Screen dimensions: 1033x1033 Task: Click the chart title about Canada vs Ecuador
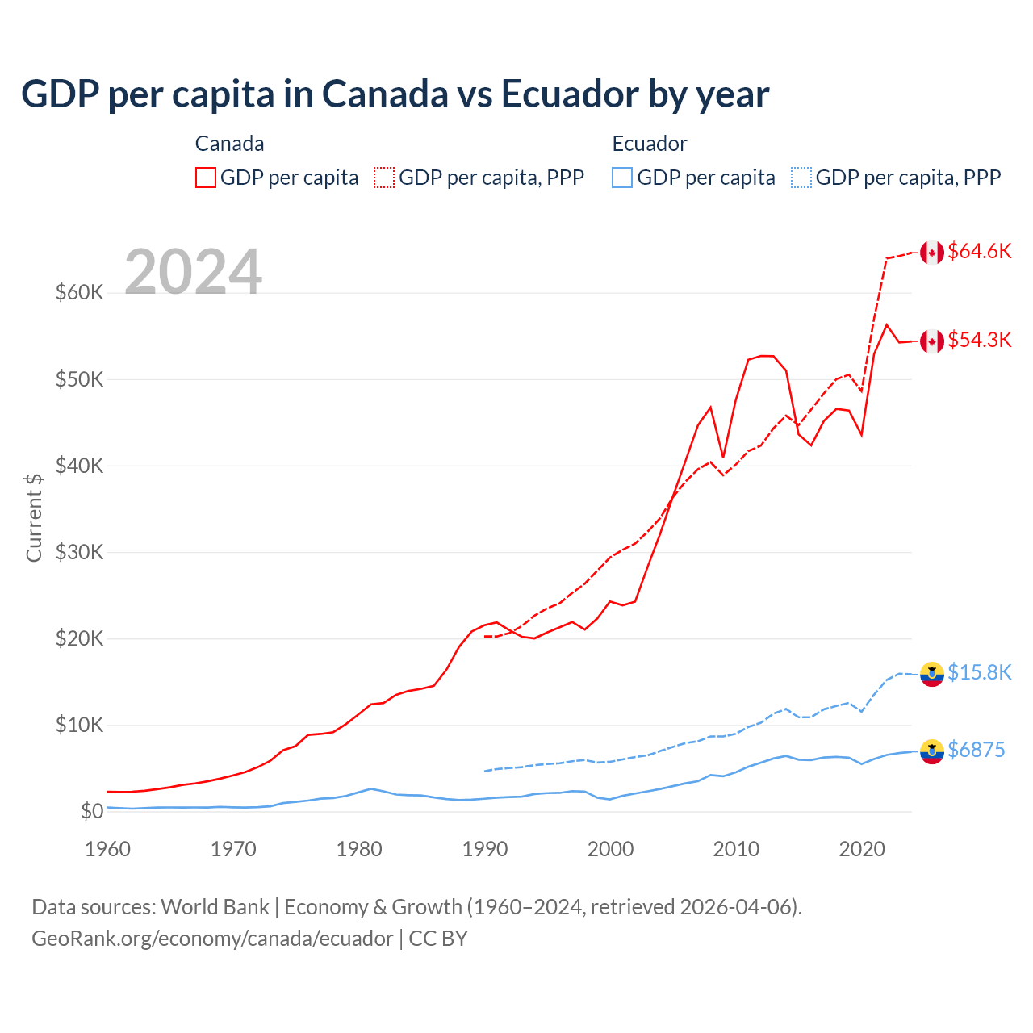coord(395,94)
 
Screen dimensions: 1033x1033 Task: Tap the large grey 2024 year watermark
coord(194,272)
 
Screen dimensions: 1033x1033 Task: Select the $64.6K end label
coord(979,251)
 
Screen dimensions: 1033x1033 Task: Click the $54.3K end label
coord(979,340)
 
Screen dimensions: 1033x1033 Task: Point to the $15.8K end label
coord(979,672)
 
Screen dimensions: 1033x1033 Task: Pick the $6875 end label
coord(976,750)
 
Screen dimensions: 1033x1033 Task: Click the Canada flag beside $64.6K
coord(932,252)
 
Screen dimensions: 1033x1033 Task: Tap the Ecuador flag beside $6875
coord(932,751)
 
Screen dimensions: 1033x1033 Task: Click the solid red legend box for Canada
coord(206,178)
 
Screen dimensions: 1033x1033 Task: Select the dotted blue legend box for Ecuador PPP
coord(801,178)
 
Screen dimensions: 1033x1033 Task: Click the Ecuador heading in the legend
coord(650,144)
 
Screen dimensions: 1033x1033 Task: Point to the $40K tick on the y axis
coord(79,466)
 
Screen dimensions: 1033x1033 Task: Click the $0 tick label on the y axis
coord(92,811)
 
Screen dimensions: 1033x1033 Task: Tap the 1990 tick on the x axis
coord(485,849)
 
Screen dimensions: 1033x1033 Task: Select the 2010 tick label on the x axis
coord(736,849)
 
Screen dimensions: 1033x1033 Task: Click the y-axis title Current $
coord(34,517)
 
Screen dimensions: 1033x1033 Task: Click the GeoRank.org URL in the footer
coord(212,939)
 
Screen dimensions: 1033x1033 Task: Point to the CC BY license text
coord(438,939)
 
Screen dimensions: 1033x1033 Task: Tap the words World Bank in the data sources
coord(215,907)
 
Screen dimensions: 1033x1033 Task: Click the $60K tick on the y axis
coord(79,292)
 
